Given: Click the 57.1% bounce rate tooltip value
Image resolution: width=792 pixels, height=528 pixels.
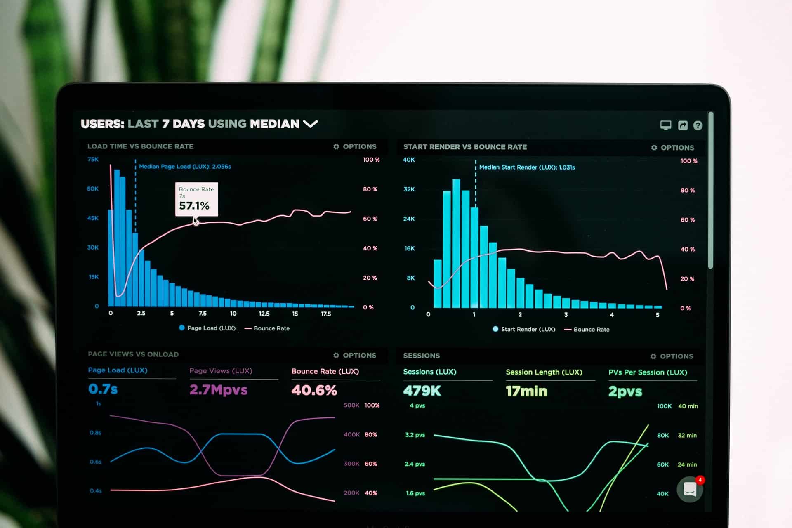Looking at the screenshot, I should pos(194,205).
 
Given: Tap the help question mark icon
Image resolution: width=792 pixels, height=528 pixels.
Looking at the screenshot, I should pos(698,125).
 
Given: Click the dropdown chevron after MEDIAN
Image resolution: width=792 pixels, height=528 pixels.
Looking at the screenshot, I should pos(310,123).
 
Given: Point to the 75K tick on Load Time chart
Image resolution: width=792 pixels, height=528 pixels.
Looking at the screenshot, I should pos(93,159).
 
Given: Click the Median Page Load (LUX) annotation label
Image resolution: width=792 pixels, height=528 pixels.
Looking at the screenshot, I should pos(185,167).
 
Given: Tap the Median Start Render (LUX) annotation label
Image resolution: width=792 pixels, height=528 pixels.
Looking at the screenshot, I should pos(527,167).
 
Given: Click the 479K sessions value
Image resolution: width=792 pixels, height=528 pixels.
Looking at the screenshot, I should pos(422,391).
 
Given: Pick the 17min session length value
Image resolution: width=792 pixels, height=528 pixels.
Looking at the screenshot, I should pos(526,391).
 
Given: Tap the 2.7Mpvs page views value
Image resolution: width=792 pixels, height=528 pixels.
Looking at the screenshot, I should pos(218,390).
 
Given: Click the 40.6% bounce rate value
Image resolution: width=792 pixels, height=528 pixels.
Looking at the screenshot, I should pos(314,390).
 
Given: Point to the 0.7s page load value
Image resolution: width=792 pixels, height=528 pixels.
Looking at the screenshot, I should pos(103,389).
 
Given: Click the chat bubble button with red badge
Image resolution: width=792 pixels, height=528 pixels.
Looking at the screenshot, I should pos(690,489).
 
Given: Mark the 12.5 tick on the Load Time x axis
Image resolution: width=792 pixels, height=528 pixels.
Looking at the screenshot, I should pos(264,313).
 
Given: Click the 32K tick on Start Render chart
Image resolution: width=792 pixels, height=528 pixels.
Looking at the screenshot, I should pos(409,189).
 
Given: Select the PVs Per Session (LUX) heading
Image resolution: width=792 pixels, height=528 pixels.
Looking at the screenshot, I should pos(648,372).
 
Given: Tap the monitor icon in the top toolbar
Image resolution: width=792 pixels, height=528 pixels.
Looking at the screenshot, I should pos(665,125).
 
